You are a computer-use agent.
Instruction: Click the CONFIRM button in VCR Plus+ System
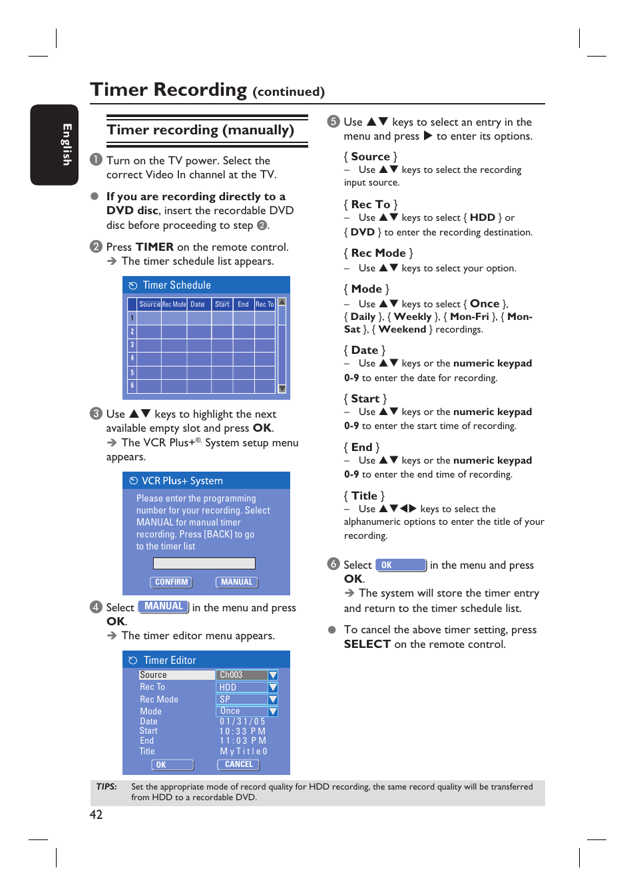(171, 582)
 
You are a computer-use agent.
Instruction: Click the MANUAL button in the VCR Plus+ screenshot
(236, 582)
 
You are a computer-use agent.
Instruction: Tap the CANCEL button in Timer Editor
(238, 765)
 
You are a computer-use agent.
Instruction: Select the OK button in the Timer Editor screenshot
(172, 765)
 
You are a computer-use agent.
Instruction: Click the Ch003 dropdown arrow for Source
(272, 675)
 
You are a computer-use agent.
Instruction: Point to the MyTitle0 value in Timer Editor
(244, 751)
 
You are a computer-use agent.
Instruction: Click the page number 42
(96, 815)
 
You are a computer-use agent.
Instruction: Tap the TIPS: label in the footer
(106, 787)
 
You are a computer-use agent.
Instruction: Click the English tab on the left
(54, 144)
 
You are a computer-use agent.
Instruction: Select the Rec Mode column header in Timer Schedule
(174, 305)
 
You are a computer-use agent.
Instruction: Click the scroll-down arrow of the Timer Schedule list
(282, 388)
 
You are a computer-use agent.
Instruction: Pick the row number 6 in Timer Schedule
(132, 386)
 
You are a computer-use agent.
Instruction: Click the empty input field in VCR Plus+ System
(204, 563)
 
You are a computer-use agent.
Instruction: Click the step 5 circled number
(333, 122)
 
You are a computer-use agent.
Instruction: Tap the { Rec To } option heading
(371, 204)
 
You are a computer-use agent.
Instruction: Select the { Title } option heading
(364, 496)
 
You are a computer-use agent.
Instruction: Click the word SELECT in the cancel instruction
(367, 644)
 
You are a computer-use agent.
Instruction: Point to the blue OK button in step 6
(401, 565)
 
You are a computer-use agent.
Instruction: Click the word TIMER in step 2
(154, 247)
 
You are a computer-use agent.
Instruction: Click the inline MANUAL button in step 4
(164, 607)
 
